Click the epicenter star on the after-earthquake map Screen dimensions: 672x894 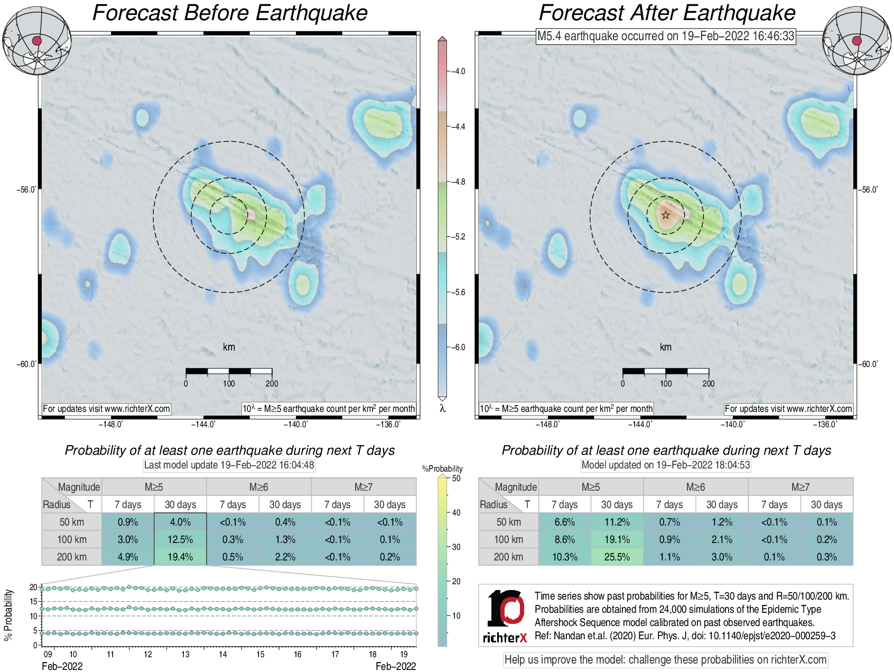point(666,215)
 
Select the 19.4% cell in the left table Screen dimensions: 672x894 point(180,557)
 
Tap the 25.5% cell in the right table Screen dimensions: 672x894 point(617,557)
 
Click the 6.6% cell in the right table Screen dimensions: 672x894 point(564,522)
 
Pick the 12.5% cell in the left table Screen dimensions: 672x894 point(180,539)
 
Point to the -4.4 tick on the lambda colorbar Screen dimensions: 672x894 point(458,126)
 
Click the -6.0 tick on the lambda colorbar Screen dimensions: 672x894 point(458,347)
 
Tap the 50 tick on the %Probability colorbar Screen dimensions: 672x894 point(456,478)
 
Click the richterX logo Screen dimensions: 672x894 point(505,616)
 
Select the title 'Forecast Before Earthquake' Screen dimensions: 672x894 point(230,13)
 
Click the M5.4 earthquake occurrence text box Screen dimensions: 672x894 point(665,36)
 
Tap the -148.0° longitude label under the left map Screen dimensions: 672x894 point(111,424)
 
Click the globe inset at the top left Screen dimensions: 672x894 point(36,41)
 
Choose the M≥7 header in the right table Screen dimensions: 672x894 point(800,487)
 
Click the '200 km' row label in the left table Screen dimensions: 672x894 point(71,557)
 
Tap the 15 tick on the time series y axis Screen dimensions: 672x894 point(34,602)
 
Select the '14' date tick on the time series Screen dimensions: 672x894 point(223,654)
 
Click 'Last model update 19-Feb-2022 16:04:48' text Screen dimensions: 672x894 point(229,465)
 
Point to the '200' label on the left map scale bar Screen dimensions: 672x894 point(272,383)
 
